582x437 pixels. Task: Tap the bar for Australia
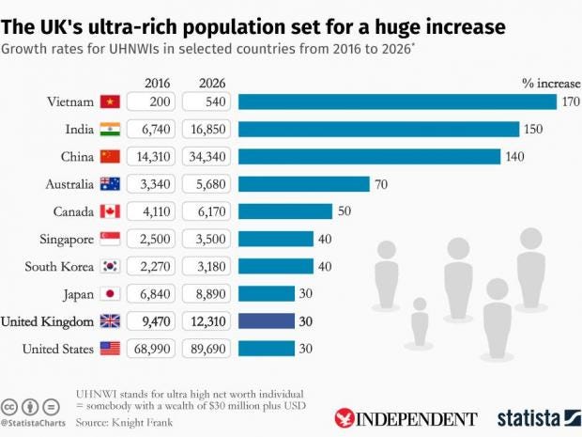304,184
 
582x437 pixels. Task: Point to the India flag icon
110,129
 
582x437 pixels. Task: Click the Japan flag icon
110,294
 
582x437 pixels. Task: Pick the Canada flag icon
110,211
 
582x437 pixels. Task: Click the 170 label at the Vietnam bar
571,101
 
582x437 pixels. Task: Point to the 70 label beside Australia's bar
381,184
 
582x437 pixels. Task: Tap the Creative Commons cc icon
8,405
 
